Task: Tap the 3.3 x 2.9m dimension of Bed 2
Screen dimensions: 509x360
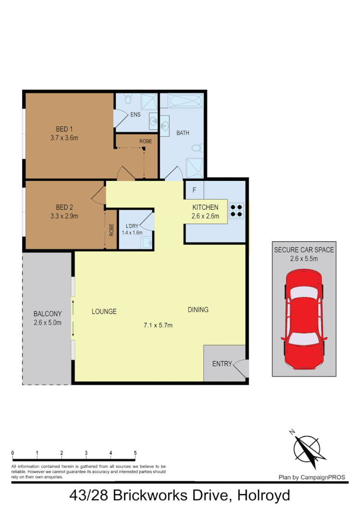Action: tap(64, 216)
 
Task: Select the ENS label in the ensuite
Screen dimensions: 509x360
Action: tap(135, 115)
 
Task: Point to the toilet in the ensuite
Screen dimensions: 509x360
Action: tap(128, 99)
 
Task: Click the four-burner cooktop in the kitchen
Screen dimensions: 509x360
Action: tap(237, 212)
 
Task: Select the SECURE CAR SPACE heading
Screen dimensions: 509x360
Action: tap(304, 249)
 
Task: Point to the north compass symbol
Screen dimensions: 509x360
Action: tap(307, 448)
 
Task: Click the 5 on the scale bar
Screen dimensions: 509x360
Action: tap(135, 453)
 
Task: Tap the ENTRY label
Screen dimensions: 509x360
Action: tap(222, 364)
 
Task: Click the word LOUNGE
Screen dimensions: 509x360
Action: tap(104, 311)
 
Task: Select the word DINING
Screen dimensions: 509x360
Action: tap(198, 310)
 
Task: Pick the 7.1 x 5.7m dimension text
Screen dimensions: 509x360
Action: tap(158, 325)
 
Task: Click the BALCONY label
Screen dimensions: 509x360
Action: tap(47, 314)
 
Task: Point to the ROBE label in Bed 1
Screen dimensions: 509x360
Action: tap(145, 142)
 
